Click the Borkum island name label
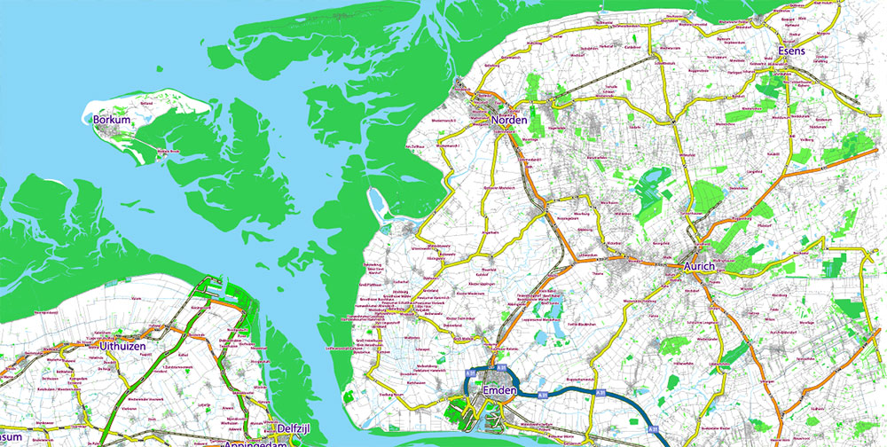click(112, 119)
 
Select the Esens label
click(790, 51)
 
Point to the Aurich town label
click(705, 265)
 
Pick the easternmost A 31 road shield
click(600, 391)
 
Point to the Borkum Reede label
click(169, 152)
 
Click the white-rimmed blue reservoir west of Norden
click(376, 204)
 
